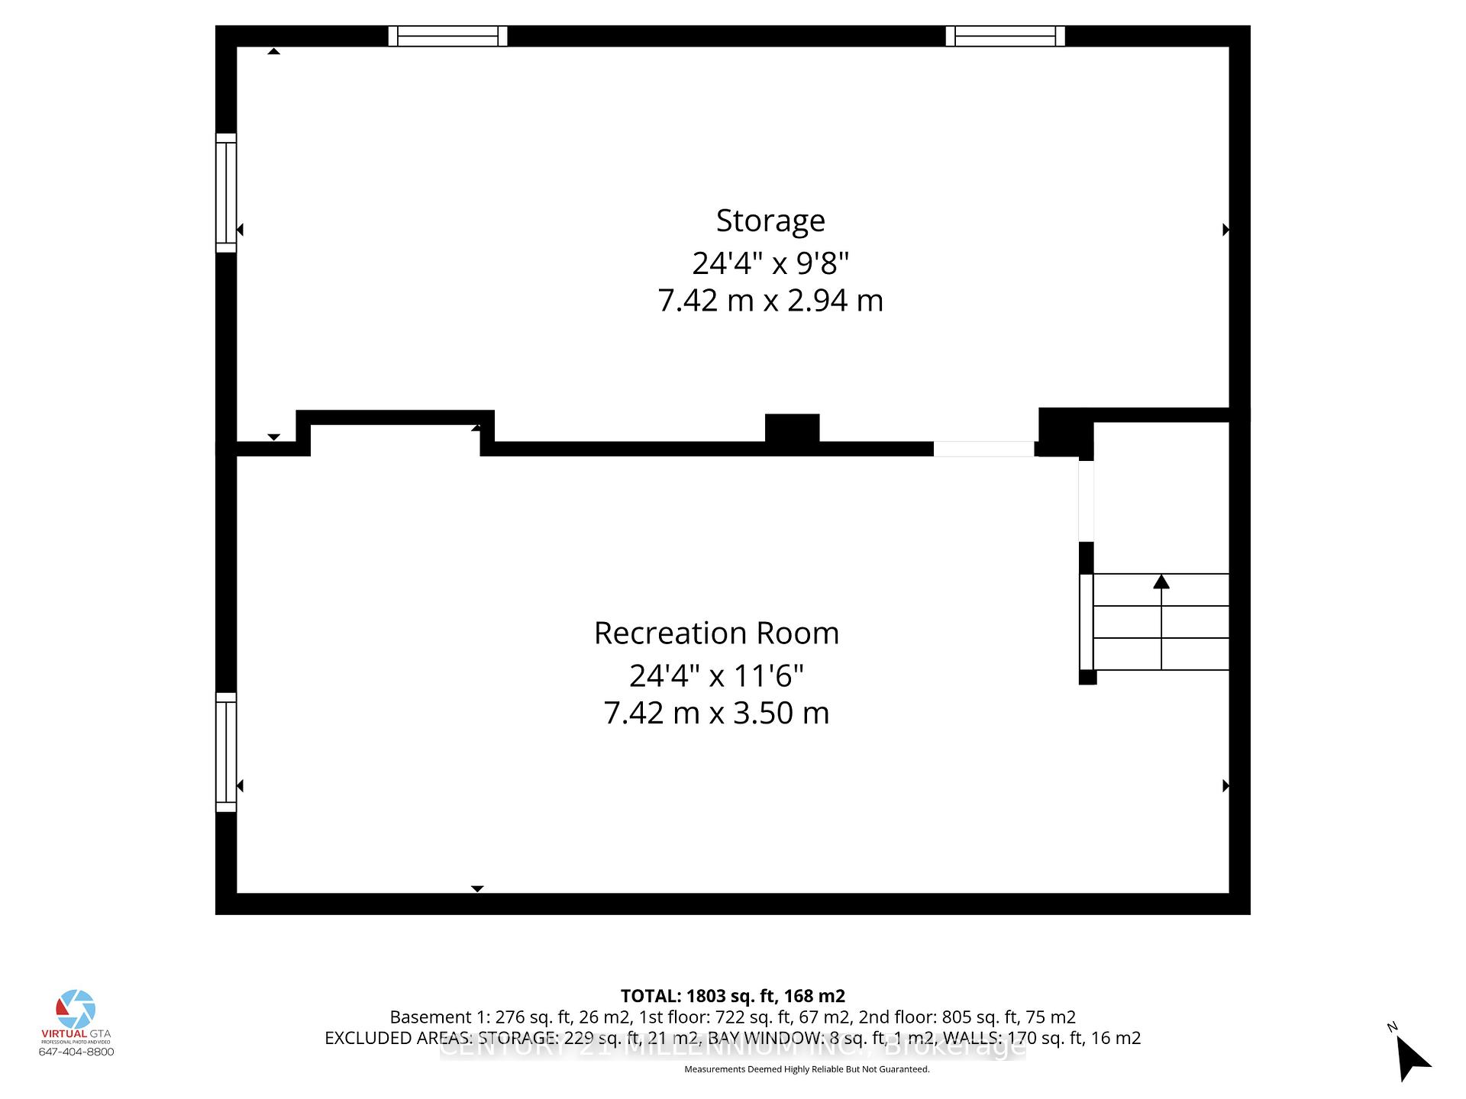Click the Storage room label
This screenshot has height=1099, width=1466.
[770, 221]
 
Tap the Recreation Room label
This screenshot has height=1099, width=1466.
[716, 633]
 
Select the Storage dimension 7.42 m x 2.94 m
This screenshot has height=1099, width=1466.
[770, 301]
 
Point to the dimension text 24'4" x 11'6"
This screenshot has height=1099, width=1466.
[716, 675]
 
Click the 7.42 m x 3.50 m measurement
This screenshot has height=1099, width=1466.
[716, 713]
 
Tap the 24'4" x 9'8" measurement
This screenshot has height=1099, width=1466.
[770, 263]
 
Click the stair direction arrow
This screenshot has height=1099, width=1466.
[1161, 582]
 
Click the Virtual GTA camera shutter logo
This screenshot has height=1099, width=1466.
[76, 1009]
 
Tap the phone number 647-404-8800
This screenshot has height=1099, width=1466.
[76, 1052]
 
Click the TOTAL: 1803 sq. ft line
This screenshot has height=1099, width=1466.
[732, 996]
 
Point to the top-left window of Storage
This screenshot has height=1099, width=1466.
[447, 36]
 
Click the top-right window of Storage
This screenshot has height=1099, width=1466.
[1005, 36]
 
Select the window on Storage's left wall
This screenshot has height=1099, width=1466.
[226, 192]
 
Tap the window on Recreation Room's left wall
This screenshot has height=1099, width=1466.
[226, 752]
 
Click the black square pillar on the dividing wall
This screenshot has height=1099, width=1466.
[792, 429]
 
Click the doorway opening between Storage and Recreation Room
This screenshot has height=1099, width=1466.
[983, 449]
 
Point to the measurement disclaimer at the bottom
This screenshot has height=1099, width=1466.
[806, 1069]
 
